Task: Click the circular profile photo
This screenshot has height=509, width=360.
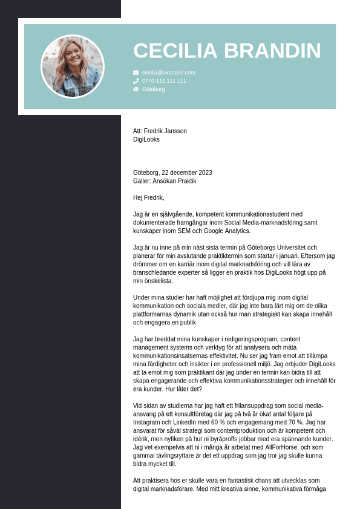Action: coord(73,67)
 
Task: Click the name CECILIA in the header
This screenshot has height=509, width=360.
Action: coord(178,51)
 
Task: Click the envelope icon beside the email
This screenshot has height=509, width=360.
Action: coord(136,73)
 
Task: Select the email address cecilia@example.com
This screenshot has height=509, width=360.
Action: coord(169,73)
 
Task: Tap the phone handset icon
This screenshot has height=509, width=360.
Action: coord(136,81)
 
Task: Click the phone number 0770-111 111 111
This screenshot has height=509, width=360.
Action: coord(165,81)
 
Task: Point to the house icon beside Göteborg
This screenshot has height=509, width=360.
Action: coord(136,90)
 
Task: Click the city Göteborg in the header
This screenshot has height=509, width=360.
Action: coord(154,90)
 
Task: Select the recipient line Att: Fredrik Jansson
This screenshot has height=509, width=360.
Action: coord(160,131)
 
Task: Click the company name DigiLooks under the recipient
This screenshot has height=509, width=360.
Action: coord(146,139)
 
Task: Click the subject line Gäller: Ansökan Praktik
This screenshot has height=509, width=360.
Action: coord(165,181)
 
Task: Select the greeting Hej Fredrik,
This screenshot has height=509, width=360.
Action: coord(149,197)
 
